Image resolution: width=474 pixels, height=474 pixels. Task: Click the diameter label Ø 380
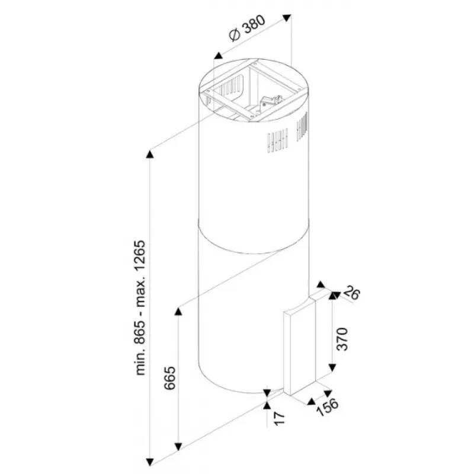click(247, 28)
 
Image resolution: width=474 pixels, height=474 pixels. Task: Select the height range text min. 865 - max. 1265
click(140, 308)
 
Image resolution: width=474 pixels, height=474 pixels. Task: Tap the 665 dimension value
click(169, 378)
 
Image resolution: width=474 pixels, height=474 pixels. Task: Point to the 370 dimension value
click(342, 339)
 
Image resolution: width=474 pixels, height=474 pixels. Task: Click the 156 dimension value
click(328, 407)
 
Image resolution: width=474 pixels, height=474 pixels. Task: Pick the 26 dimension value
click(351, 293)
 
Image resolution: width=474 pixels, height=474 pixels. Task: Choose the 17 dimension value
click(279, 419)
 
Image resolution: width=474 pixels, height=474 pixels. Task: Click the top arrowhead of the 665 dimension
click(178, 311)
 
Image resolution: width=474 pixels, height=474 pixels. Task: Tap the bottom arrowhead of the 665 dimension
click(178, 447)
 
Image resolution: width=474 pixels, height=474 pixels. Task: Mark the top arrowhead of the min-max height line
click(150, 154)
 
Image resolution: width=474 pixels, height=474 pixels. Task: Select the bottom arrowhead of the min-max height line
click(150, 462)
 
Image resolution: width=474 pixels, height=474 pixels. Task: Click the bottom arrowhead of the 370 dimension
click(332, 367)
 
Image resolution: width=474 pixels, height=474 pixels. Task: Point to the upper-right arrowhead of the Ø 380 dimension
click(287, 18)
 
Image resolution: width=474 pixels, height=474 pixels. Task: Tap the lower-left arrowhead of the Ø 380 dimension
click(218, 56)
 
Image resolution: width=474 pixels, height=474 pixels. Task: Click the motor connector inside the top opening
click(271, 101)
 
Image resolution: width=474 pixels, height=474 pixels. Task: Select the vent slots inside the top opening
click(232, 85)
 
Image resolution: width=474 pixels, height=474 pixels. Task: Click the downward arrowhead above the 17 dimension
click(267, 393)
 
